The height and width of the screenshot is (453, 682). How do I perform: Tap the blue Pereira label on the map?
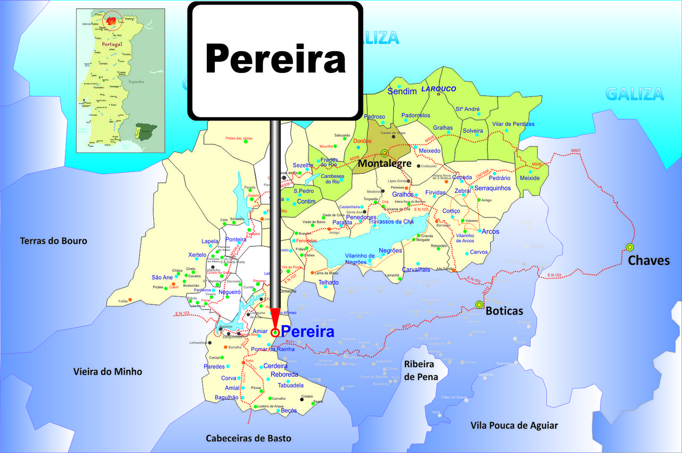click(x=307, y=331)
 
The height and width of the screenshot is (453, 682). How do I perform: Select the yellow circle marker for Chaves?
click(x=630, y=247)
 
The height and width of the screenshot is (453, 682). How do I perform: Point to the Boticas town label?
click(x=504, y=311)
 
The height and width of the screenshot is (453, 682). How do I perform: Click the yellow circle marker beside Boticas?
click(x=479, y=304)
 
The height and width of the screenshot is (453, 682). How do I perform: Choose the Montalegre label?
click(x=384, y=164)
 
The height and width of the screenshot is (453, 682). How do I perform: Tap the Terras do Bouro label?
click(x=53, y=241)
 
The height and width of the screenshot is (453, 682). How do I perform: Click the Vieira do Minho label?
click(x=108, y=371)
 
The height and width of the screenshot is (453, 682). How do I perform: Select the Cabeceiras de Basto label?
click(x=249, y=438)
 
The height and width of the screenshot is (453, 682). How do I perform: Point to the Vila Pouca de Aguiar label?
click(x=514, y=425)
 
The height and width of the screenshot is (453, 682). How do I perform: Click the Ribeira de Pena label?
click(x=421, y=370)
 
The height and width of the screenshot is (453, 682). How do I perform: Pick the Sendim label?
click(x=402, y=92)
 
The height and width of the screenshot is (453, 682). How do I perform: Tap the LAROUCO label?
click(x=439, y=89)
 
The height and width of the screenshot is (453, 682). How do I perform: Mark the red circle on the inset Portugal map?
click(x=112, y=21)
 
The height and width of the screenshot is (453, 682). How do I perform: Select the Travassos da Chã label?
click(x=391, y=222)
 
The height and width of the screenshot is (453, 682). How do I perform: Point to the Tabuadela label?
click(x=290, y=385)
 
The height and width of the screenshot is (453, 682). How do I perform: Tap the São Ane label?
click(x=162, y=277)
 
